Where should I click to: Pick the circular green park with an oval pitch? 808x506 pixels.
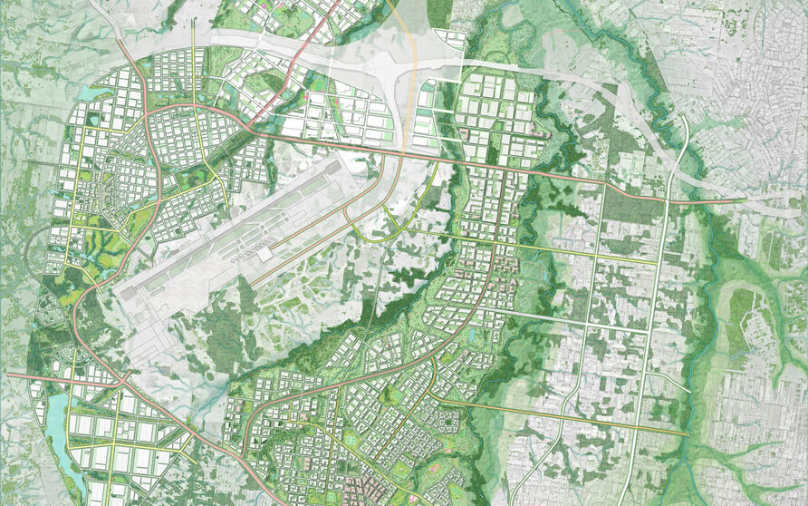point(350,440)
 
